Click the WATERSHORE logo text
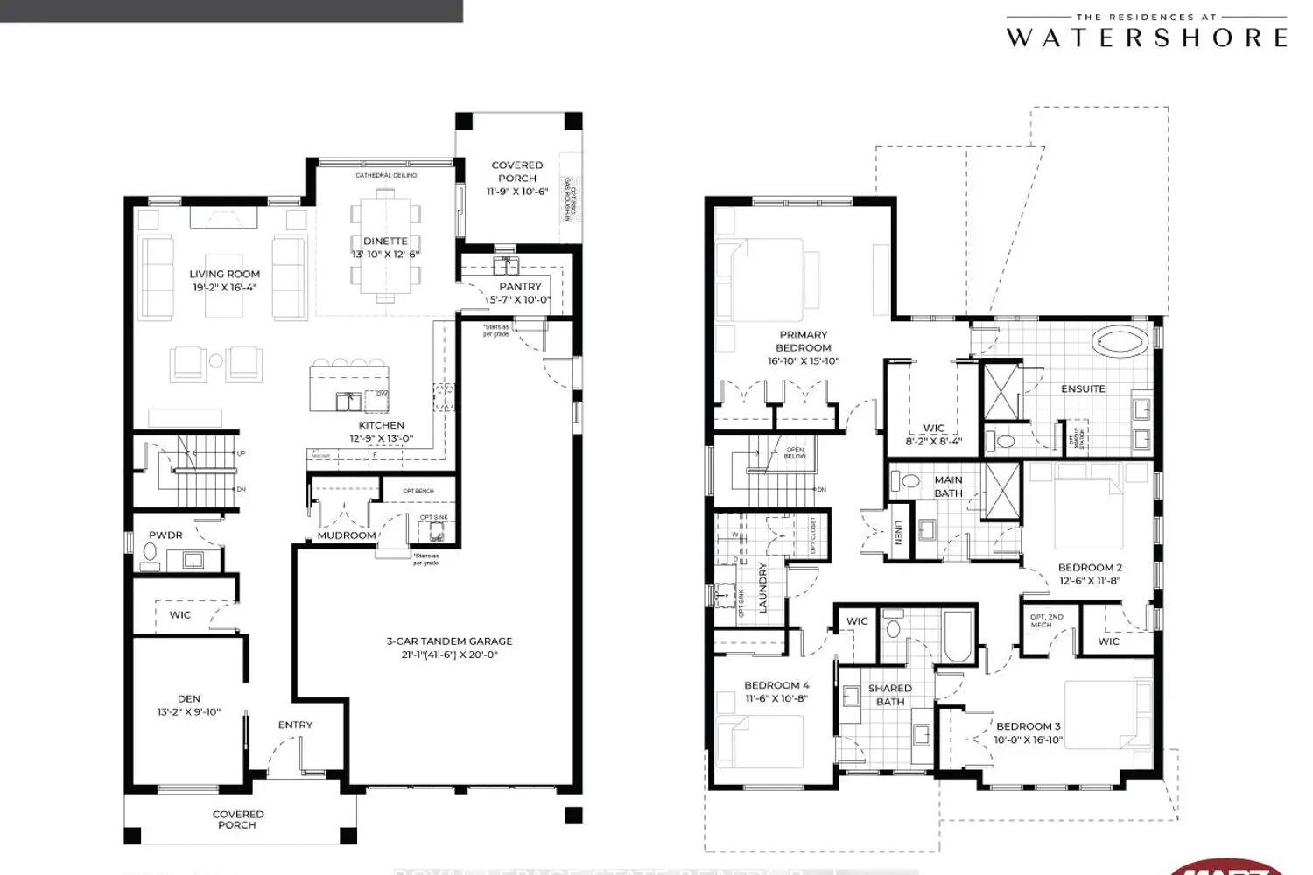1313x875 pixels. coord(1147,38)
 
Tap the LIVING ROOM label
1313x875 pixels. coord(224,274)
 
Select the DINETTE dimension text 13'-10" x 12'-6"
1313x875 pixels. coord(385,255)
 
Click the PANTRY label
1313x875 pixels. coord(520,286)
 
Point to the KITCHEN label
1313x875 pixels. coord(382,425)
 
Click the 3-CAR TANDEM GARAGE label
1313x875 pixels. coord(449,641)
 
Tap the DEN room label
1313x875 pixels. coord(189,698)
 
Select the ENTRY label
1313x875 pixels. coord(295,724)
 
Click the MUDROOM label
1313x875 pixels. coord(346,535)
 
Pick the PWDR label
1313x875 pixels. coord(165,535)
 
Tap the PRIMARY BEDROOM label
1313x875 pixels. coord(803,341)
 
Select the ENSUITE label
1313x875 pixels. coord(1083,388)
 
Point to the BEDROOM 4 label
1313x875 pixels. coord(776,685)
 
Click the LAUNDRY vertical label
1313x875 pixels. coord(762,587)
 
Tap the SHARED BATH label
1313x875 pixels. coord(890,695)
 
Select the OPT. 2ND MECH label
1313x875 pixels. coord(1047,620)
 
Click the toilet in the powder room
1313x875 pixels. coord(150,554)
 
